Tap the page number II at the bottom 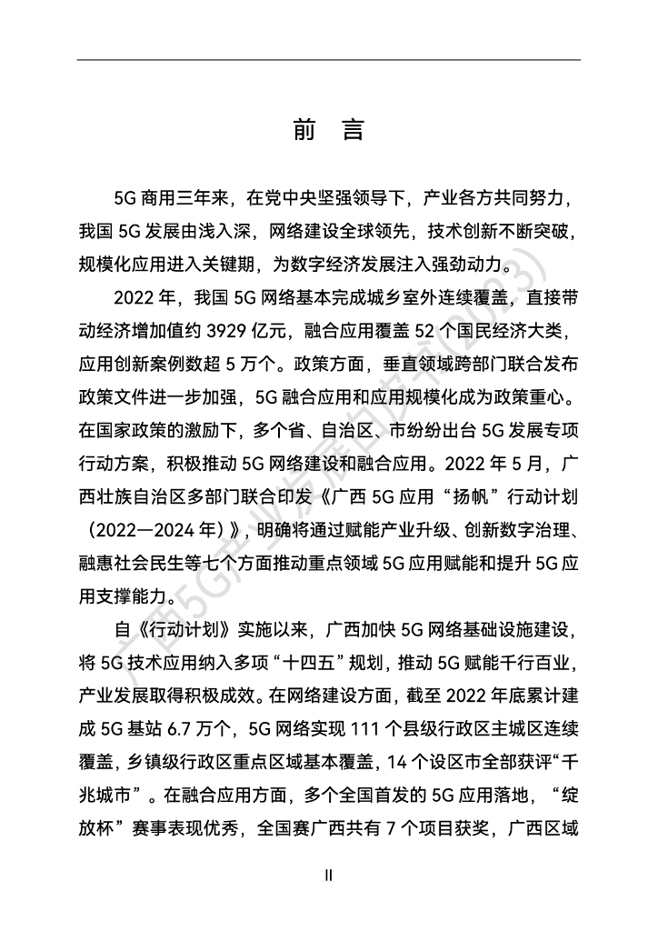pos(329,875)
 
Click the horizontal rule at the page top pos(329,60)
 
